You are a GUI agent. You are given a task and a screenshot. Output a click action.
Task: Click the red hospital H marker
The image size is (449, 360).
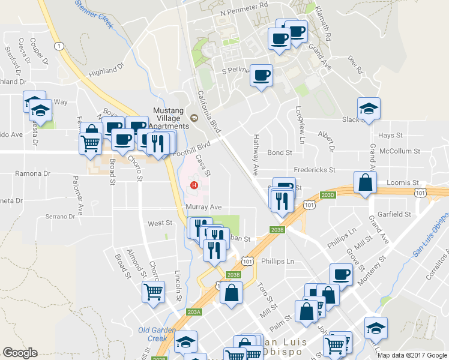[194, 184]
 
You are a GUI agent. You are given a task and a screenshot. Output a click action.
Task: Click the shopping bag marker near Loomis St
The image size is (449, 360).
[366, 182]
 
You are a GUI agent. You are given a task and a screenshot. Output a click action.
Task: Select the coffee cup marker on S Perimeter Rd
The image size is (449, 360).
[261, 76]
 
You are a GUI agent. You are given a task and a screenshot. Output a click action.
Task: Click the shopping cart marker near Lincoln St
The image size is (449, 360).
[154, 292]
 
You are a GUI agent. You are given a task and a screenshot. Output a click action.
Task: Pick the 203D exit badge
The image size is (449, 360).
[328, 195]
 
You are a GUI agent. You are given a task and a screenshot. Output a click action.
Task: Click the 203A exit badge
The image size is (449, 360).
[194, 312]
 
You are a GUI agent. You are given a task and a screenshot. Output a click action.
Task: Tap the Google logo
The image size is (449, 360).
[20, 353]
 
